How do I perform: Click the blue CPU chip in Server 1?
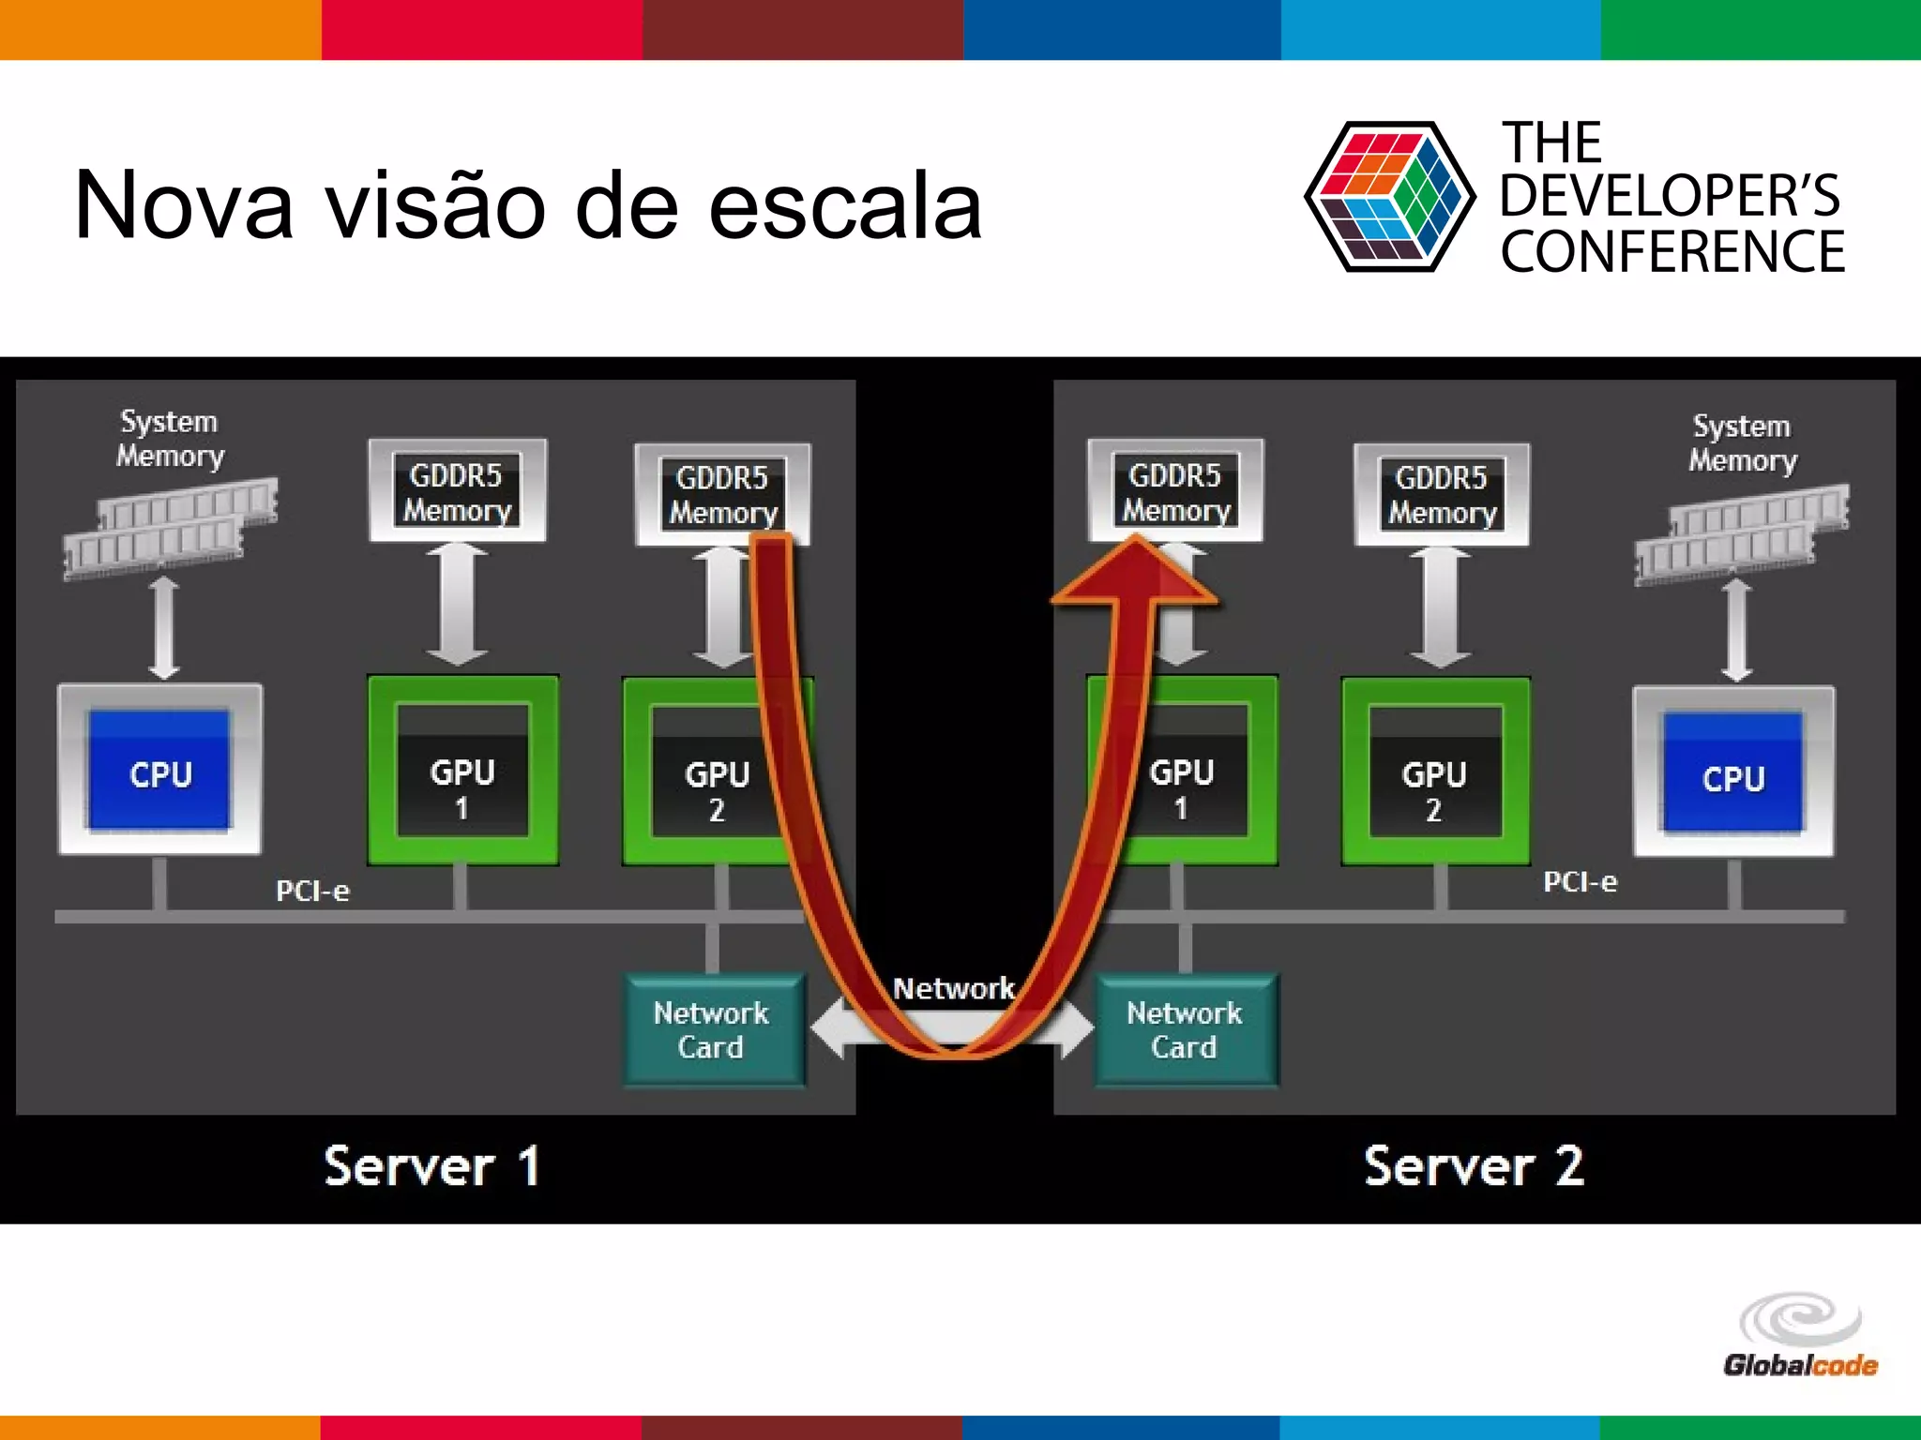point(159,771)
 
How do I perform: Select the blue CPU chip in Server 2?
point(1732,774)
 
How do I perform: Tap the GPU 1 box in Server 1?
point(462,771)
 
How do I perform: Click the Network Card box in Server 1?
point(713,1029)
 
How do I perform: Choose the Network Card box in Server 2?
point(1186,1029)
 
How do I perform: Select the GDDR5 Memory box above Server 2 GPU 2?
point(1442,494)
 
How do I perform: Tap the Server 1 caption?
point(432,1166)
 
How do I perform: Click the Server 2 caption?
point(1474,1166)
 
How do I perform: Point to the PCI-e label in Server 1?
point(312,891)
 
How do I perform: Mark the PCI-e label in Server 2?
point(1581,882)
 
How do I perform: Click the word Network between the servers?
point(953,988)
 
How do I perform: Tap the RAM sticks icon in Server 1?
point(170,528)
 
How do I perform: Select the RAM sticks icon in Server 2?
point(1742,532)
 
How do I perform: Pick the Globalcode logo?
point(1800,1336)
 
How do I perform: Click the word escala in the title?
point(844,204)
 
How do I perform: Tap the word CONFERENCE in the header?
point(1672,251)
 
